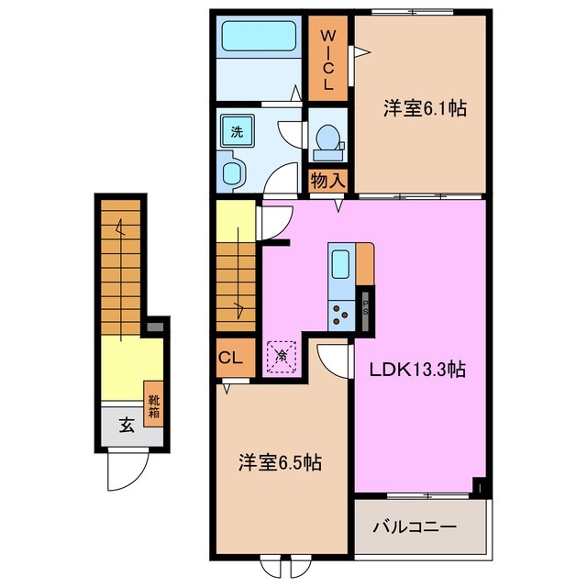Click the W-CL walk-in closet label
[x=327, y=59]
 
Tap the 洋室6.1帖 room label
[x=425, y=109]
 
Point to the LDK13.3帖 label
[x=418, y=371]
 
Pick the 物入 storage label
[x=327, y=180]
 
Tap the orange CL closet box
[x=230, y=359]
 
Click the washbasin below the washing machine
[x=234, y=173]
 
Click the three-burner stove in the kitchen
[x=341, y=315]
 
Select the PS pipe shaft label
[x=365, y=305]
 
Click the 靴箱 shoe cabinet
[x=154, y=401]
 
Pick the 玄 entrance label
[x=125, y=425]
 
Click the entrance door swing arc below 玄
[x=122, y=472]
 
